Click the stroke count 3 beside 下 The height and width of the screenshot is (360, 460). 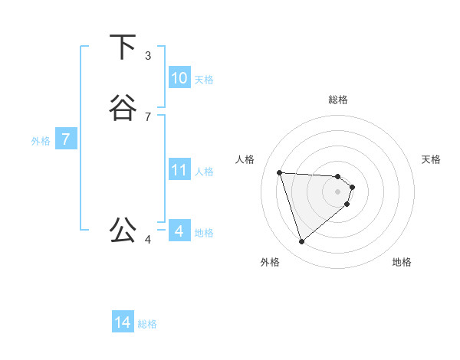(x=148, y=56)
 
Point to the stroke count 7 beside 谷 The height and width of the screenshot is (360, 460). (x=148, y=117)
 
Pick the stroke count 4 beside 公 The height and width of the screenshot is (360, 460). (x=148, y=240)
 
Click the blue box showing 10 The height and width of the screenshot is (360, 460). (x=179, y=78)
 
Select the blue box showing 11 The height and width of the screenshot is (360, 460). (x=179, y=170)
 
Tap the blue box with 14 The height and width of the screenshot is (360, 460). (x=123, y=322)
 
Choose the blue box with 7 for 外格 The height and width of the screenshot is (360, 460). (x=66, y=139)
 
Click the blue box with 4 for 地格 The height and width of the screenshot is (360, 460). (x=179, y=231)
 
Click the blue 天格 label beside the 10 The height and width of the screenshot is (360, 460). (x=204, y=80)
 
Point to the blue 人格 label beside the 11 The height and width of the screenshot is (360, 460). (x=204, y=172)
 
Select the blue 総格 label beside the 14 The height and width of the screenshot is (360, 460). (x=147, y=324)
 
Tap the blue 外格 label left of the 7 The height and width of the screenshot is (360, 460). (x=41, y=141)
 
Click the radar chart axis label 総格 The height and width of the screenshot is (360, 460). (x=338, y=100)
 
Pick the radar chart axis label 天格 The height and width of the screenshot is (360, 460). (x=431, y=159)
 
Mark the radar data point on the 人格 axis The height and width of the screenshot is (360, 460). (x=280, y=172)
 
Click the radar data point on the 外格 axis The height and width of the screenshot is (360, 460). (x=302, y=241)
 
